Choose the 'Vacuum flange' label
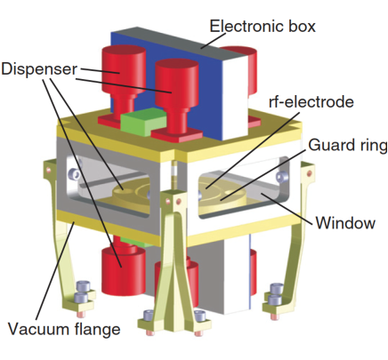[x=64, y=331]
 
